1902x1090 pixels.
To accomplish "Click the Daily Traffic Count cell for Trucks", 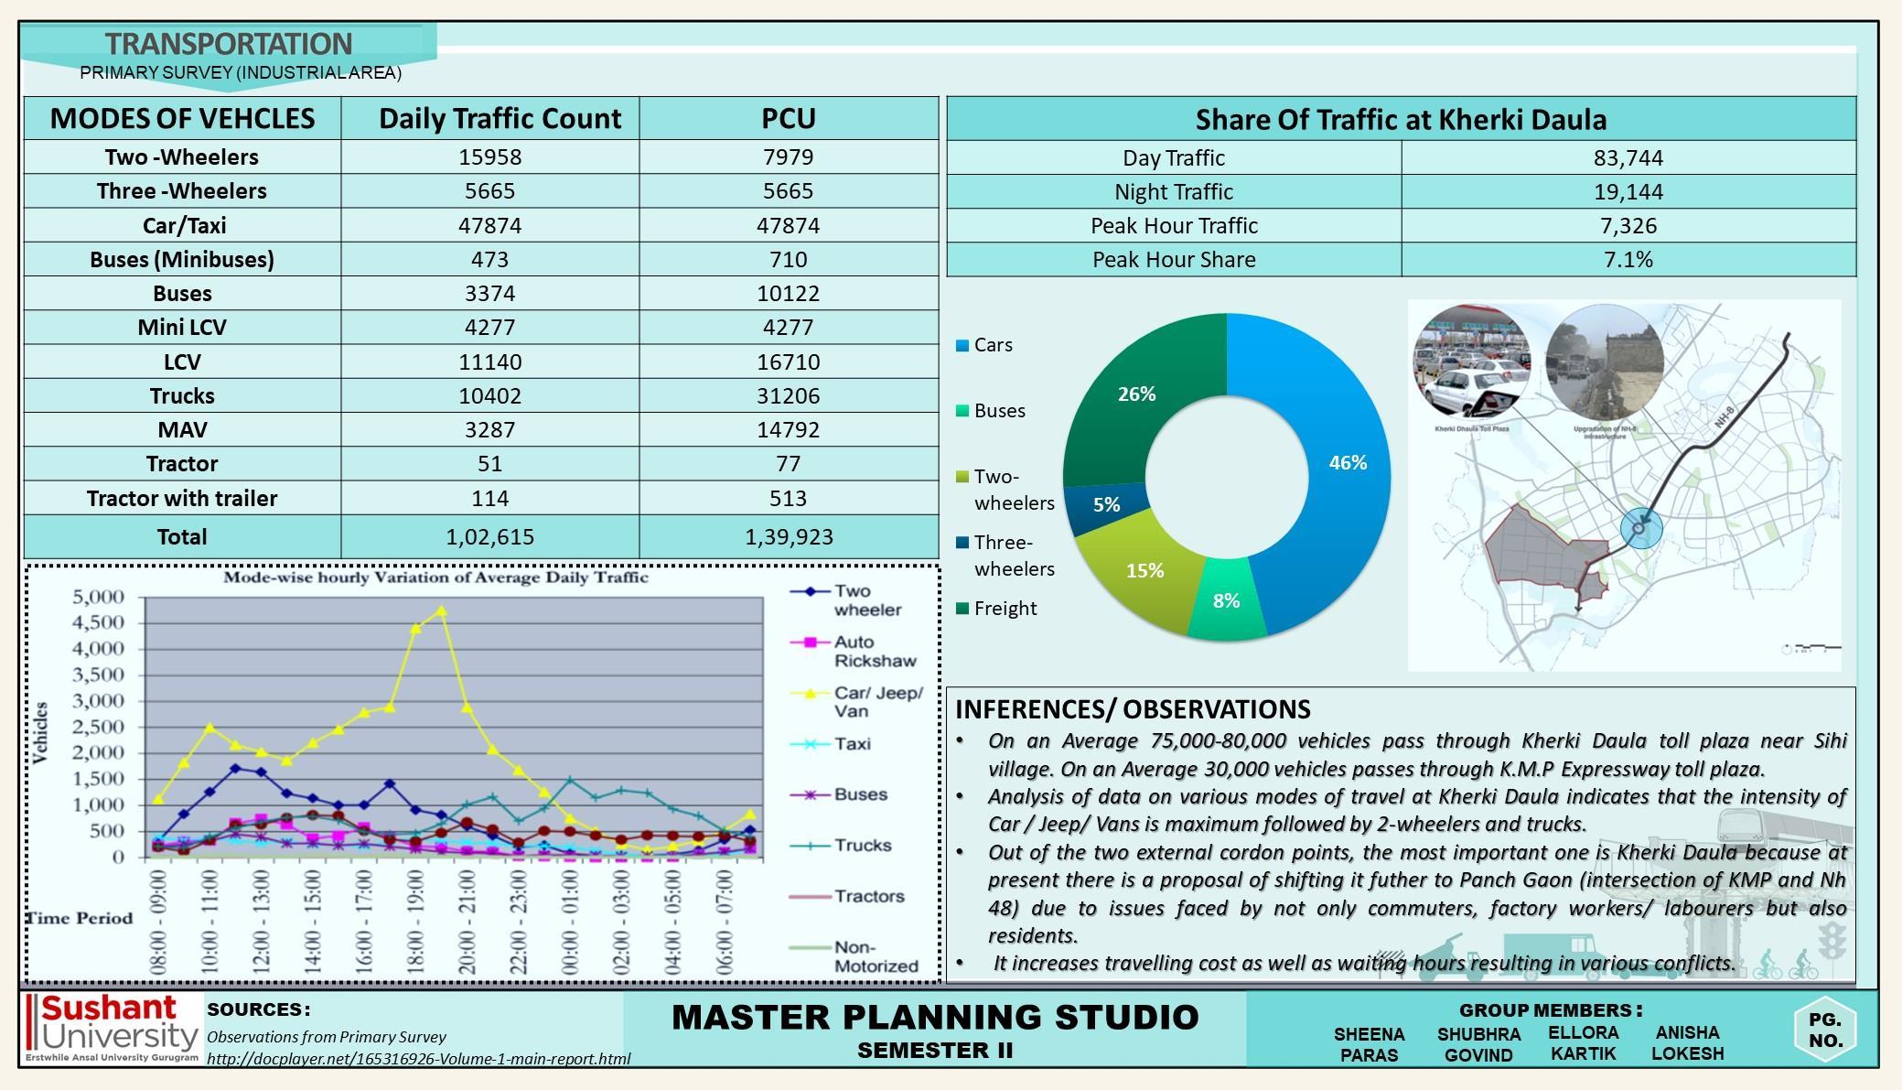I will (x=489, y=396).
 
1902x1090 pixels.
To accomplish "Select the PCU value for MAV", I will (x=788, y=430).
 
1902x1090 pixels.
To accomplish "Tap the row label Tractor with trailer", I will (x=181, y=499).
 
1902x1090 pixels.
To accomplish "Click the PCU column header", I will (x=788, y=119).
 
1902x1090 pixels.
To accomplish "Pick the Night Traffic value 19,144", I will (x=1628, y=192).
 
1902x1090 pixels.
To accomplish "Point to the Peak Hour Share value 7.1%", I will (x=1628, y=260).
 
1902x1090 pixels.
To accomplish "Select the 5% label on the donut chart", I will (x=1106, y=505).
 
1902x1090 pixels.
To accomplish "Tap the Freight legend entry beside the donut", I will (x=1004, y=609).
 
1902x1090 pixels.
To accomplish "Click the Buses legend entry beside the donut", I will (x=998, y=411).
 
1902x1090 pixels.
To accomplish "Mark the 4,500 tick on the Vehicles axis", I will (x=98, y=623).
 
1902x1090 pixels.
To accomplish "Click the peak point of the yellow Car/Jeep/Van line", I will (x=442, y=610).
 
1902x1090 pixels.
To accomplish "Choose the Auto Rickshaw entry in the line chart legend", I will (x=874, y=652).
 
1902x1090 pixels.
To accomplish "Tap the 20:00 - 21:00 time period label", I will (x=467, y=922).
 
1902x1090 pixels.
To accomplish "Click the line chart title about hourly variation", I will (x=435, y=577).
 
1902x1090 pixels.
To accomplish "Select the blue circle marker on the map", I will (x=1640, y=528).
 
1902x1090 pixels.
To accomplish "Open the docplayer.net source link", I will (x=418, y=1059).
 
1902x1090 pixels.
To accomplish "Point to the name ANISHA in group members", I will (x=1687, y=1032).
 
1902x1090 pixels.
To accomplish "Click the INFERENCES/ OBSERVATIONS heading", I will (x=1133, y=709).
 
